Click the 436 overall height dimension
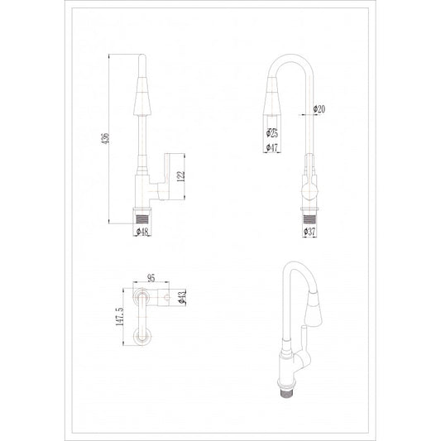click(x=105, y=141)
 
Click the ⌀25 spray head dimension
click(x=271, y=133)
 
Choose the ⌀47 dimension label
click(x=271, y=148)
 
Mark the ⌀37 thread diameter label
click(x=310, y=233)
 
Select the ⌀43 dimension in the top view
click(x=182, y=296)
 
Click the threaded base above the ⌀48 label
click(x=144, y=219)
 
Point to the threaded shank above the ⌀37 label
click(x=309, y=219)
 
